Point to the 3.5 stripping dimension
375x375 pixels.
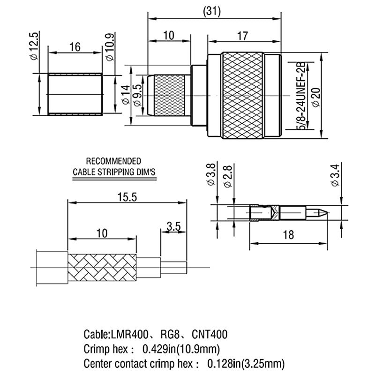coord(174,227)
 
